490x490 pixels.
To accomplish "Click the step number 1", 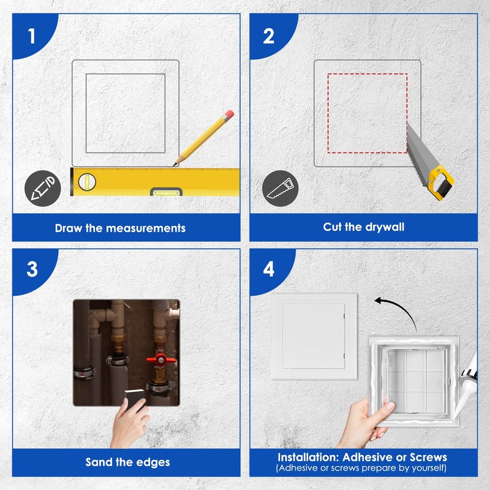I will click(x=31, y=36).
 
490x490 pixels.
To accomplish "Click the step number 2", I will click(x=268, y=36).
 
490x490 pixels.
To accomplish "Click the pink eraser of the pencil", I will click(x=229, y=114).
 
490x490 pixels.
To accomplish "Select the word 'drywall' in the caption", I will click(x=385, y=227).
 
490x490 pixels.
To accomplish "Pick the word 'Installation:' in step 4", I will click(x=307, y=457).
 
